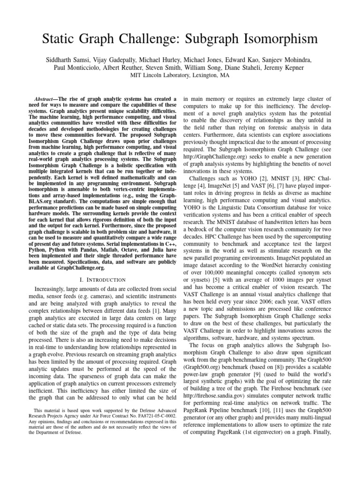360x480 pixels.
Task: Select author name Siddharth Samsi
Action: click(x=65, y=61)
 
